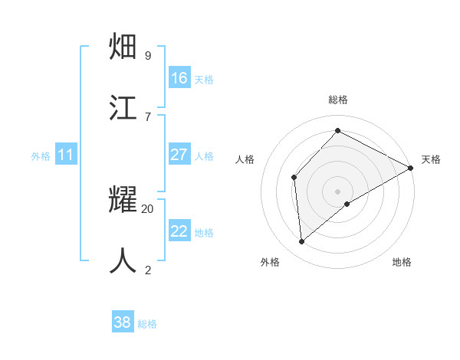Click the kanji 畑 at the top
[124, 48]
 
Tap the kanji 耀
[124, 201]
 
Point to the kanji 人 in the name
[124, 260]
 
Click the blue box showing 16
[179, 78]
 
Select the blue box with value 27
[179, 155]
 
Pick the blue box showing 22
[179, 231]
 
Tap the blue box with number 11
[65, 155]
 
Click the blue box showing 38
[123, 322]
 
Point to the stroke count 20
[148, 208]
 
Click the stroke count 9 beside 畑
[148, 55]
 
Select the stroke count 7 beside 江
[148, 116]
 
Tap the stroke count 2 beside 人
[148, 269]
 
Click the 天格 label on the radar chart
[431, 159]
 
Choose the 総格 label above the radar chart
[338, 100]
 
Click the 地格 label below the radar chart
[402, 262]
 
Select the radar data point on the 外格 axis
[302, 242]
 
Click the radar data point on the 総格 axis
[337, 131]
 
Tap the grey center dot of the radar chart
[338, 191]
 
